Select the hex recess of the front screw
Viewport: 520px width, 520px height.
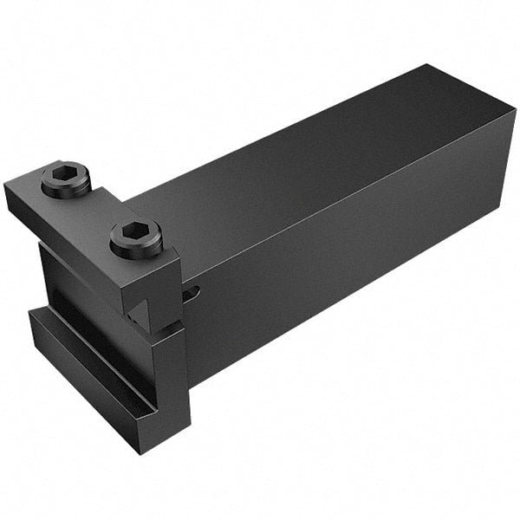click(136, 231)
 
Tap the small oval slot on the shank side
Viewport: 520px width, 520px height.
click(196, 292)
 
